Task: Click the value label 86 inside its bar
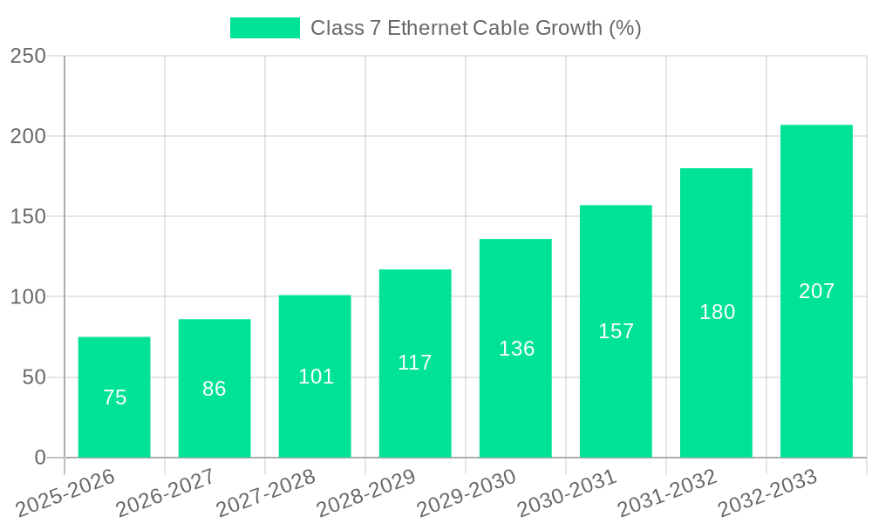(x=215, y=389)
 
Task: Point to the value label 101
(x=317, y=377)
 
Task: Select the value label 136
(x=516, y=349)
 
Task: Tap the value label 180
(x=717, y=312)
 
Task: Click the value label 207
(x=817, y=291)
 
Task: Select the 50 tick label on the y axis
(x=34, y=377)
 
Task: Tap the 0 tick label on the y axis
(x=40, y=458)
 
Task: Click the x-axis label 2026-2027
(x=166, y=492)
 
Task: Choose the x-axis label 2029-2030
(x=467, y=492)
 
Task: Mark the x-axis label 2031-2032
(x=667, y=492)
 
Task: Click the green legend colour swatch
(x=264, y=28)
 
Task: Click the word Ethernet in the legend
(x=427, y=28)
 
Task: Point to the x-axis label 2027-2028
(x=266, y=492)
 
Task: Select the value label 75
(x=114, y=397)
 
